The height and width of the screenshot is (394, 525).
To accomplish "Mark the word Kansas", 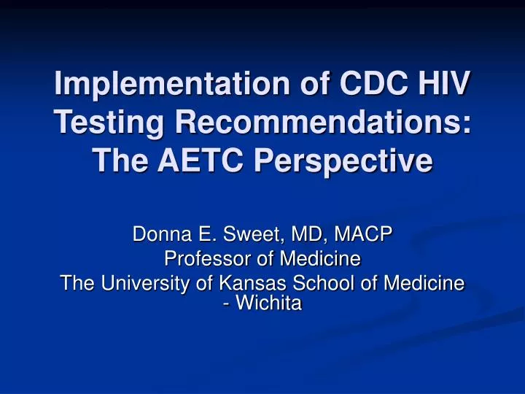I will pyautogui.click(x=238, y=283).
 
